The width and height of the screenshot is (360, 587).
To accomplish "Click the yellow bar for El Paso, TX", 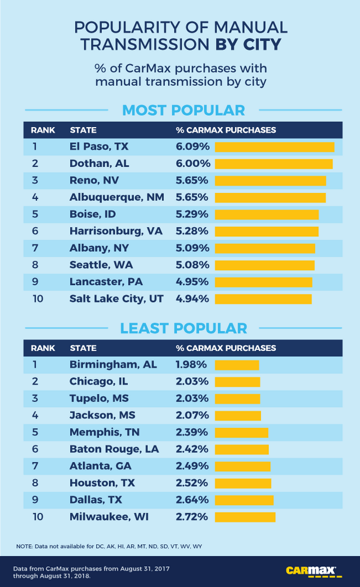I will tap(274, 147).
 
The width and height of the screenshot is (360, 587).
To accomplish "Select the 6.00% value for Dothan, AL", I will tap(193, 164).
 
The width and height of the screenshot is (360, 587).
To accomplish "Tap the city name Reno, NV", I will tap(94, 180).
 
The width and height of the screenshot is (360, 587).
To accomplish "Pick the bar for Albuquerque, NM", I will tap(270, 197).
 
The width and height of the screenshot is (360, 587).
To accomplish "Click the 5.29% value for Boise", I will tap(192, 214).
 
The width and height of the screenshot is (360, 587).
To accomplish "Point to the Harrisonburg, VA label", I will tap(115, 231).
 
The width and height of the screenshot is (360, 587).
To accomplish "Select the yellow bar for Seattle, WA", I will tap(264, 265).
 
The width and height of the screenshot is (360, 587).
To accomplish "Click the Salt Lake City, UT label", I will tap(116, 299).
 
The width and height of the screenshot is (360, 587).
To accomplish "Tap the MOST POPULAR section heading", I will tap(183, 110).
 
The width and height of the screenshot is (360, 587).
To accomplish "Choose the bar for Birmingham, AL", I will tap(237, 365).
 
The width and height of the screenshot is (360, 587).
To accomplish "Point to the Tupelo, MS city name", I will tap(99, 399).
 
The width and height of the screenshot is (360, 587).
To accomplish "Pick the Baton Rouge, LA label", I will tap(114, 449).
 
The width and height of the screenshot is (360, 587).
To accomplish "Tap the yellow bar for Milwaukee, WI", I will tap(245, 517).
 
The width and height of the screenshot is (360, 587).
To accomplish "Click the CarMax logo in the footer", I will tap(311, 571).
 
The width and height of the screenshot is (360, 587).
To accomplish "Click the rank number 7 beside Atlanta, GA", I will tap(35, 466).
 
